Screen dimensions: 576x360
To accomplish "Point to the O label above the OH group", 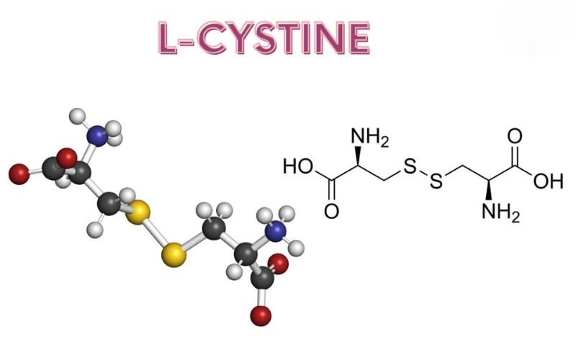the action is pyautogui.click(x=515, y=136).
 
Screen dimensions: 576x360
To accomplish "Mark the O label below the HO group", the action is pyautogui.click(x=331, y=211).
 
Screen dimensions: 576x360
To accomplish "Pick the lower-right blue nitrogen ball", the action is pyautogui.click(x=274, y=231).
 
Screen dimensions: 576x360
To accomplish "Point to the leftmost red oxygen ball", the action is pyautogui.click(x=17, y=173).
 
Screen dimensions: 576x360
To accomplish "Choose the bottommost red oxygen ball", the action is pyautogui.click(x=260, y=315).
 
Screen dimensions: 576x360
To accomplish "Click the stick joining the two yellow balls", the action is pyautogui.click(x=157, y=231).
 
